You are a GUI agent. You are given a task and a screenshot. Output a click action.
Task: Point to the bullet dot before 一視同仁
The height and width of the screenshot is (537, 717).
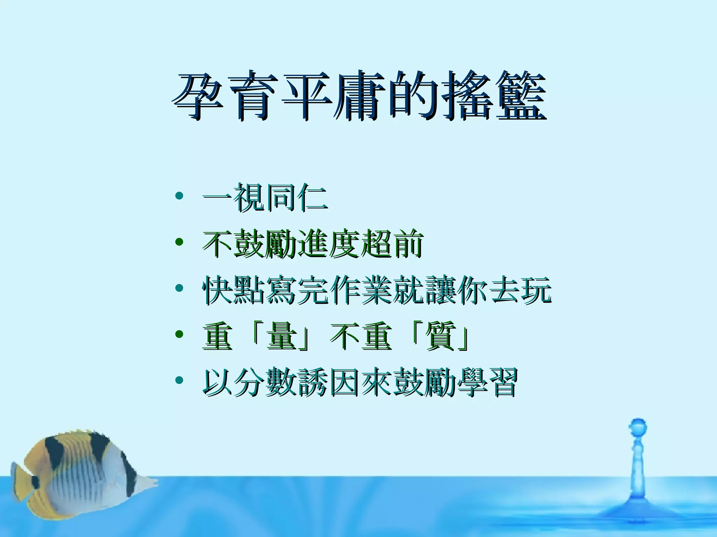click(x=179, y=196)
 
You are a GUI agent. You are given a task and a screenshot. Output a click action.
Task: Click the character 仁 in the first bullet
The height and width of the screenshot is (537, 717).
click(x=312, y=198)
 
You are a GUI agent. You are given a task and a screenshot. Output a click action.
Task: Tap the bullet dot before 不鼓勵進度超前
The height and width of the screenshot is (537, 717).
click(x=179, y=242)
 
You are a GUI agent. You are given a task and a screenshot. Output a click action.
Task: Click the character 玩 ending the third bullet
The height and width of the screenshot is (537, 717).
click(x=535, y=290)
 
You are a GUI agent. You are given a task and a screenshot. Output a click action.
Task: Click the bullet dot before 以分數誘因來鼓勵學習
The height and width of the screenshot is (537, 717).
click(x=179, y=380)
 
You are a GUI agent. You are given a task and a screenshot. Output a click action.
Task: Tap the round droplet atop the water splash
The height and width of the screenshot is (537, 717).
click(x=638, y=427)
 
